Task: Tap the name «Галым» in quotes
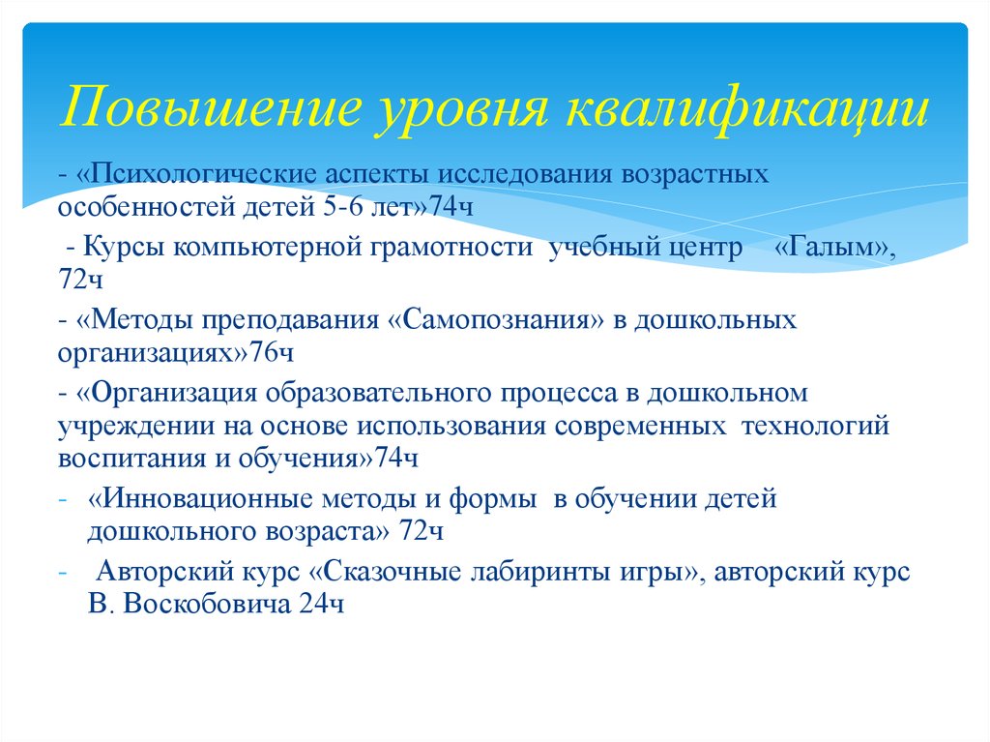(835, 248)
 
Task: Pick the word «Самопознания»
(494, 320)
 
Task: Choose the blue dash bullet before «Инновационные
(62, 500)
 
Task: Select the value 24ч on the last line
(322, 605)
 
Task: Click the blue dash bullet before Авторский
(62, 573)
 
